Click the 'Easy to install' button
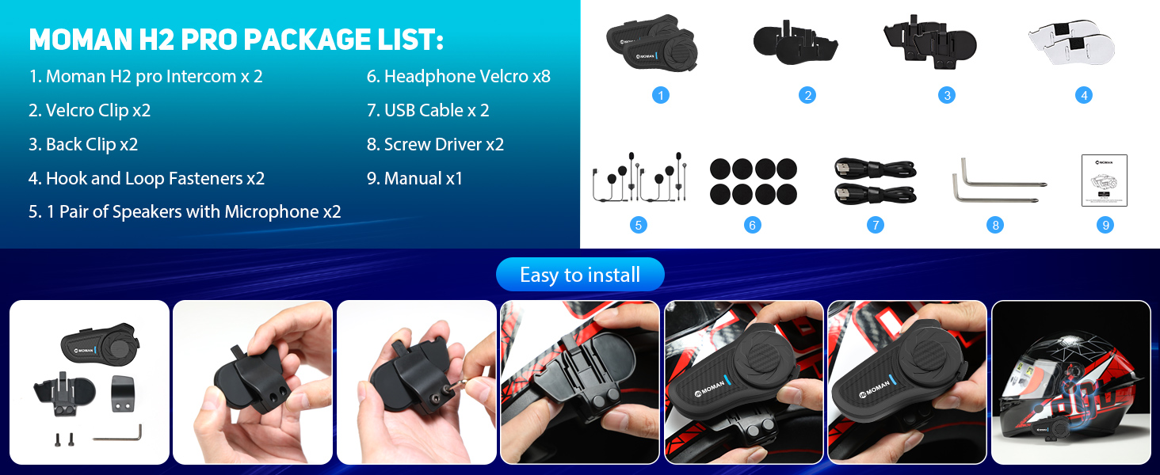580,275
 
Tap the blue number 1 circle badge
661,95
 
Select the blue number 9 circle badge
1105,225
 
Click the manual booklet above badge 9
1104,180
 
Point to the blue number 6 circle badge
753,225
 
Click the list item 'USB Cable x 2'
428,111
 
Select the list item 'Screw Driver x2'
435,145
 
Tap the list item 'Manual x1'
414,179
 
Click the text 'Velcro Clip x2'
90,111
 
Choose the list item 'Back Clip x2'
83,145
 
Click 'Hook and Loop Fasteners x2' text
147,179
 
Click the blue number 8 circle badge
995,225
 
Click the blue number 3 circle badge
946,95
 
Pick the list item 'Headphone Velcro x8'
458,77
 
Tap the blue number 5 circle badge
639,225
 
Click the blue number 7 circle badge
875,225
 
